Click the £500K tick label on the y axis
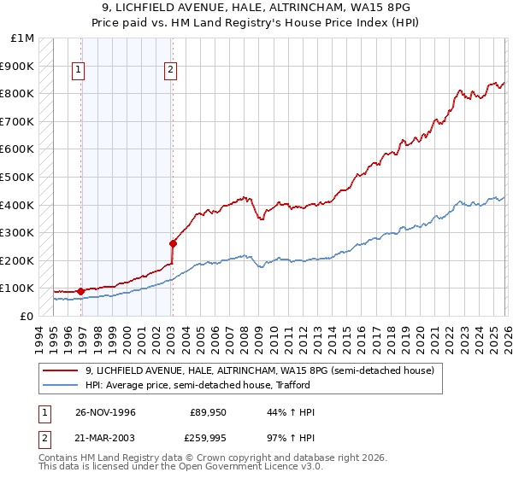tap(17, 177)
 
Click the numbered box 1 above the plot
tap(79, 71)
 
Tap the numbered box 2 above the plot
tap(171, 71)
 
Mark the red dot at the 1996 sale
tap(80, 291)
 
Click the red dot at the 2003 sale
tap(173, 243)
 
